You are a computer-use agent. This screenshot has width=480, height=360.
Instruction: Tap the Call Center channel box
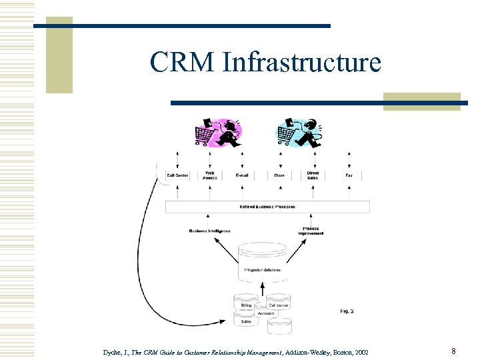pos(177,175)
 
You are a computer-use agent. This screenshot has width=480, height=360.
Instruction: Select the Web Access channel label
pos(210,175)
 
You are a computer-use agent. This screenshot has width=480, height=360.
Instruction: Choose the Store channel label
pos(279,175)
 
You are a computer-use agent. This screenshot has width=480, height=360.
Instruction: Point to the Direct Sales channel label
pos(313,175)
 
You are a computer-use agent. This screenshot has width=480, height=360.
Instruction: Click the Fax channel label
pos(349,175)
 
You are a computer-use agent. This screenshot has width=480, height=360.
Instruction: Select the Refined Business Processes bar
pos(267,207)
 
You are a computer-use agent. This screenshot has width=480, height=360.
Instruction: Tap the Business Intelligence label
pos(209,231)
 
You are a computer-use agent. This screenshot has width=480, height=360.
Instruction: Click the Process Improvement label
pos(311,231)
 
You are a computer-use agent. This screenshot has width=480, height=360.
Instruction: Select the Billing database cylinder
pos(246,305)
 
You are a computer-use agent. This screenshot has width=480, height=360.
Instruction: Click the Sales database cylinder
pos(246,321)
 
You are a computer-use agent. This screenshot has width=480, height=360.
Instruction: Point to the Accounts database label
pos(265,313)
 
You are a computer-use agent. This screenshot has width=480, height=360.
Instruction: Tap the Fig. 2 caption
pos(347,311)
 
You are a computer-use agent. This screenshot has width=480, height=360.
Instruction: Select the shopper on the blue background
pos(300,131)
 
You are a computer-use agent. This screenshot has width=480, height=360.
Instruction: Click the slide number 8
pos(453,351)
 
